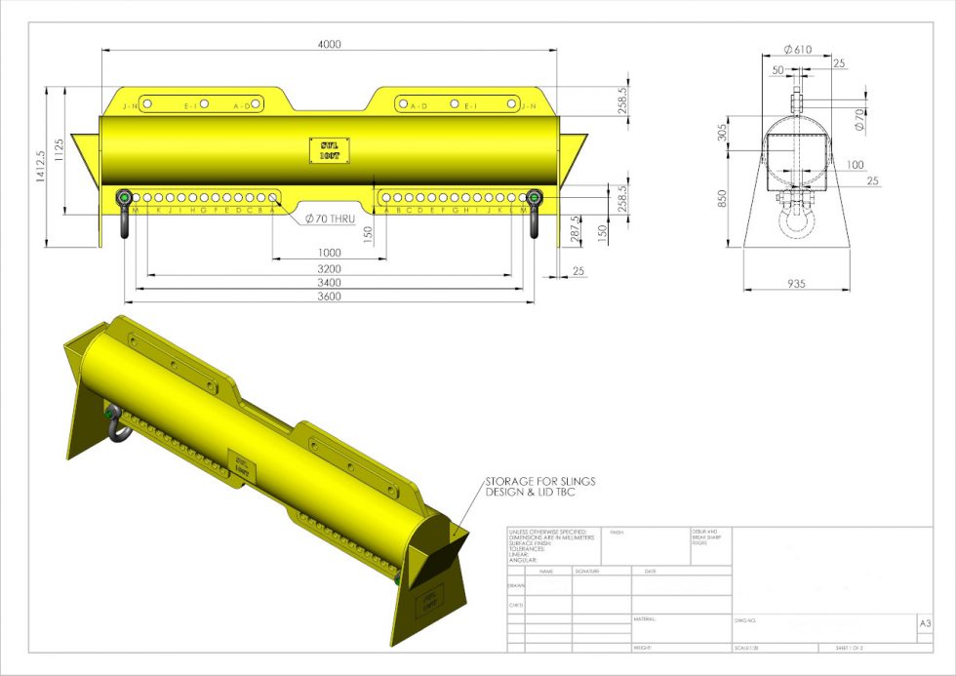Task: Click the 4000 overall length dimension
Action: tap(330, 44)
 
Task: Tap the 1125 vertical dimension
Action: tap(59, 149)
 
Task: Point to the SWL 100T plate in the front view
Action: tap(330, 149)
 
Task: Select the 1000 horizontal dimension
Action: tap(330, 252)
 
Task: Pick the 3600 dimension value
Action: tap(330, 297)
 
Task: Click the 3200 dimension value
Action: tap(330, 267)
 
